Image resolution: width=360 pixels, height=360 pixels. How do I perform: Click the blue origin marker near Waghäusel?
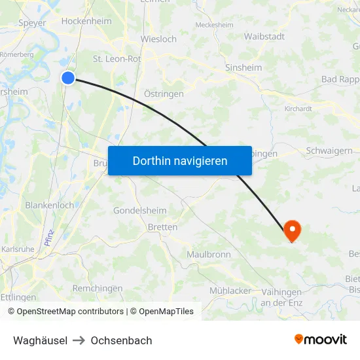(68, 79)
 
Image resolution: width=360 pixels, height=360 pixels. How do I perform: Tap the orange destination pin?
(291, 230)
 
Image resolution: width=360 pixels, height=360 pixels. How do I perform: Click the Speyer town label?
(33, 23)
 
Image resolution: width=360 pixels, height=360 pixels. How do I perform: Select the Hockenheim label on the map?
(86, 21)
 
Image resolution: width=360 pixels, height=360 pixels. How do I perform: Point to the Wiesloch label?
(158, 39)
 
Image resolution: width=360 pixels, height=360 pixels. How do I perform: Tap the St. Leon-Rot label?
(117, 59)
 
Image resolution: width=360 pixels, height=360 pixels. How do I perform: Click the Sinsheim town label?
(243, 67)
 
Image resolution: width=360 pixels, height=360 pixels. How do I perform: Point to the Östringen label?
(164, 94)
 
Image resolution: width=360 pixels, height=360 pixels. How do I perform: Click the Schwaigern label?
(329, 151)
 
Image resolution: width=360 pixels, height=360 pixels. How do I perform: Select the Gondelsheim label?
(140, 211)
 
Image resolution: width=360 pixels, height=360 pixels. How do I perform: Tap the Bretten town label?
(162, 227)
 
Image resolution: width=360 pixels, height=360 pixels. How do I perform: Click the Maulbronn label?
(208, 254)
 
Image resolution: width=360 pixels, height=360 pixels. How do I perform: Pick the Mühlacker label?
(230, 290)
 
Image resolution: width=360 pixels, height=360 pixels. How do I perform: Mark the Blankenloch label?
(49, 205)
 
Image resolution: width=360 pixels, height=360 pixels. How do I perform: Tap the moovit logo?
(320, 339)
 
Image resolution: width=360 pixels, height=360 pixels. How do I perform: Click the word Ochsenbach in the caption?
(121, 340)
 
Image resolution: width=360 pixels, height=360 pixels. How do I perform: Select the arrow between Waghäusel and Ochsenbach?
(79, 340)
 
